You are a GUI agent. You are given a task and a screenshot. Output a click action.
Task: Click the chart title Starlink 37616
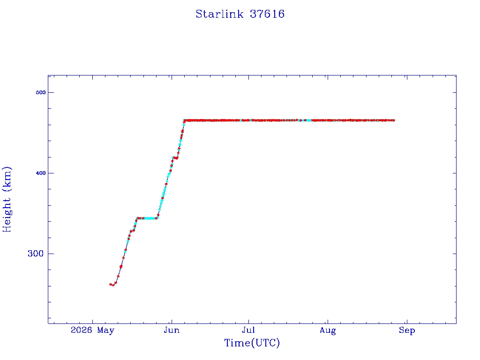(x=240, y=14)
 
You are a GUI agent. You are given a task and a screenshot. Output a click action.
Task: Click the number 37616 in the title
(x=267, y=14)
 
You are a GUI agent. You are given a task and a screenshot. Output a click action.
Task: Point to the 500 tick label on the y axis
(x=40, y=92)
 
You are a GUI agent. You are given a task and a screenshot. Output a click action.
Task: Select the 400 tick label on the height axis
(x=40, y=173)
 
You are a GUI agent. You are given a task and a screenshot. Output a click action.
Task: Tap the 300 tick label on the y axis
(x=36, y=254)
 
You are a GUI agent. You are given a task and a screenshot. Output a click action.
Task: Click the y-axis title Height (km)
(x=7, y=200)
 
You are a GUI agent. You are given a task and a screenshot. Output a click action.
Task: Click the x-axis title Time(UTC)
(x=252, y=343)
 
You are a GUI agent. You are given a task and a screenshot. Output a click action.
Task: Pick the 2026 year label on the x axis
(x=81, y=330)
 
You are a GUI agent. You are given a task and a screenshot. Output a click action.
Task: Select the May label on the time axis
(x=105, y=330)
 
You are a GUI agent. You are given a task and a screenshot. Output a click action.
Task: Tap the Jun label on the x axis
(x=172, y=330)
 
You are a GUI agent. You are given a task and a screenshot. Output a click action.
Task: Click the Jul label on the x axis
(x=248, y=330)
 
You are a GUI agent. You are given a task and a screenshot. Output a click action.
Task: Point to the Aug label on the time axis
(x=328, y=330)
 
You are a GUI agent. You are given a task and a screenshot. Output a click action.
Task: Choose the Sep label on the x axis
(x=407, y=330)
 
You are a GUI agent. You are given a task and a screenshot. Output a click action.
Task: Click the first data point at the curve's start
(x=111, y=285)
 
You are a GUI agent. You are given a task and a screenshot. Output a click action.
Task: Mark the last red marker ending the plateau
(x=393, y=120)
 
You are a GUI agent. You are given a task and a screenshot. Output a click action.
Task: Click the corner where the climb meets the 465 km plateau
(x=184, y=120)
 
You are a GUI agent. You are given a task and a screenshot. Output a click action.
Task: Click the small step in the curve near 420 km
(x=175, y=158)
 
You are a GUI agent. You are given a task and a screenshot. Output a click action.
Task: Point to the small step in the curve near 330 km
(x=132, y=231)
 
